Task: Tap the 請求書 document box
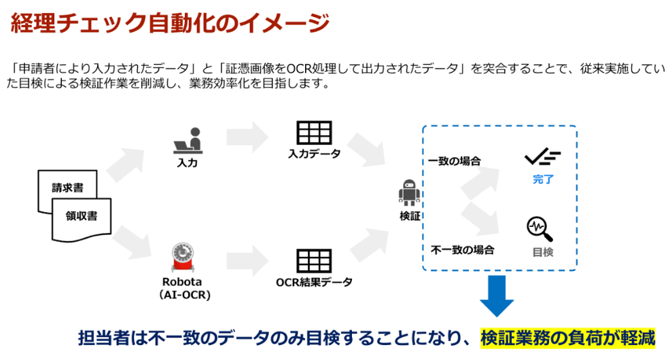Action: (67, 188)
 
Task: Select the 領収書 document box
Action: (82, 217)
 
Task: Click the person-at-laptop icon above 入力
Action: (187, 141)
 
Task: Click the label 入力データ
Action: (314, 155)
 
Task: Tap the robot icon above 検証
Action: (409, 193)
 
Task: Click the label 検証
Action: (409, 216)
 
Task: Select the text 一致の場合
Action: (455, 162)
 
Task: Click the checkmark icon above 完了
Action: (542, 158)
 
